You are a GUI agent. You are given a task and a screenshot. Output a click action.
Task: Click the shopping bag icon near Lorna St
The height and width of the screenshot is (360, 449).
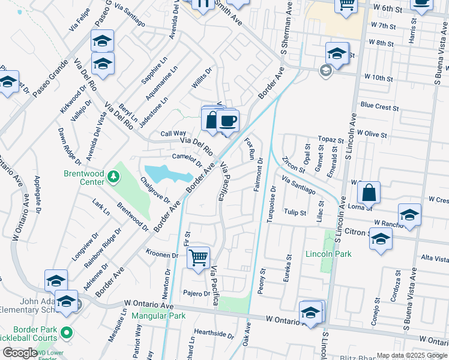pos(369,194)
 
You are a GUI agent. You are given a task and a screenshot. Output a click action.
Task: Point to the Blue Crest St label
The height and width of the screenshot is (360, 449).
pos(379,107)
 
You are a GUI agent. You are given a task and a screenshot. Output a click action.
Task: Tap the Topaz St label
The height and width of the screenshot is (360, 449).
pos(330,139)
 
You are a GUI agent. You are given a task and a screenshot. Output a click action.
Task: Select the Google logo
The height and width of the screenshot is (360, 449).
pos(20,353)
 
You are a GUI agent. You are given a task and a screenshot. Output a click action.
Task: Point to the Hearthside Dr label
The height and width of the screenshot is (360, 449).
pos(214,333)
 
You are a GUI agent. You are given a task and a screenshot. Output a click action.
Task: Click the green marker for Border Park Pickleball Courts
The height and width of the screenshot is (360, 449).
pos(67,332)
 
